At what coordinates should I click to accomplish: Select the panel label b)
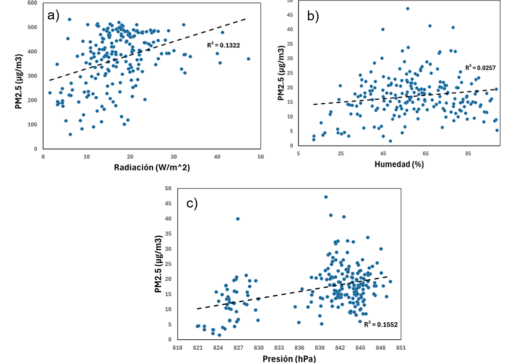[313, 17]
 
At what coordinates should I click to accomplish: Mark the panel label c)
[192, 204]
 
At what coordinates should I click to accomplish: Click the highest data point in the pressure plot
[326, 197]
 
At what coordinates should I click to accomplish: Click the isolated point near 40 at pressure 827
[238, 219]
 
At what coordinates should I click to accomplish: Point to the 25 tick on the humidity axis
[341, 154]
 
